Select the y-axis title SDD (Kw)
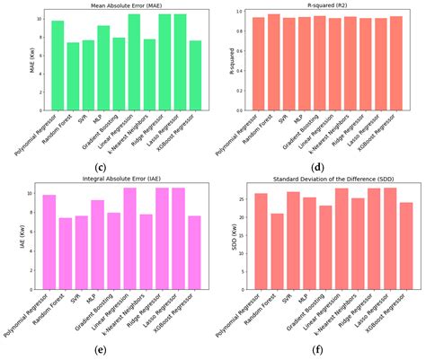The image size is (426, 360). coord(233,224)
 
